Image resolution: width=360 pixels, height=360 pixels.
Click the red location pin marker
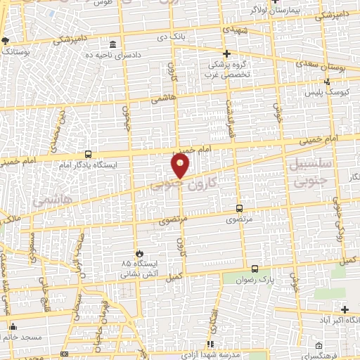(181, 167)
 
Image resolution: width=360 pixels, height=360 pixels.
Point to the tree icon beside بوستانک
(6, 41)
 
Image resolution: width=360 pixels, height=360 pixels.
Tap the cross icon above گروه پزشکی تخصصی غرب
(226, 53)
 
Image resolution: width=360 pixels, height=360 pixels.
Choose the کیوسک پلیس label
(322, 91)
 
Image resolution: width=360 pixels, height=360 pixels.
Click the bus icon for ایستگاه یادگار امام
(88, 154)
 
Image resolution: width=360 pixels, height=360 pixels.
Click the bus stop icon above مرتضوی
(239, 208)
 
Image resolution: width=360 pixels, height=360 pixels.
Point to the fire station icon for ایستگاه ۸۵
(139, 253)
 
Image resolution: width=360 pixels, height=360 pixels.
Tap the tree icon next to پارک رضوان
(254, 269)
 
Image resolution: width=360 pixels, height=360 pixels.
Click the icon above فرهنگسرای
(320, 345)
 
